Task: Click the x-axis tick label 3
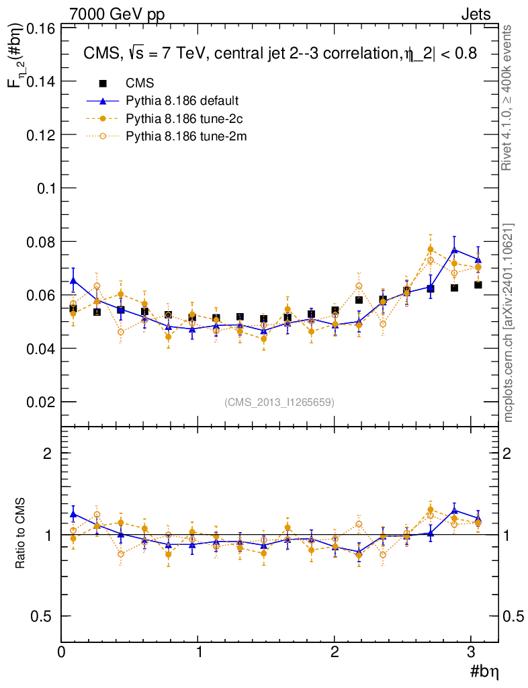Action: pos(472,652)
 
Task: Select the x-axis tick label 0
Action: pos(62,652)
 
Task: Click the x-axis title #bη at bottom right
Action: pos(483,671)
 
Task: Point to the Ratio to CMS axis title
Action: pos(21,534)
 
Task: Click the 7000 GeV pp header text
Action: pos(118,13)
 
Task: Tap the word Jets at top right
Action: pos(475,13)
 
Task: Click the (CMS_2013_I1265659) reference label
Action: pos(279,402)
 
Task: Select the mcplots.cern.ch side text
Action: pos(509,322)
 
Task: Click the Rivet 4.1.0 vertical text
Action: pos(509,97)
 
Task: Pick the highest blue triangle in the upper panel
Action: pos(455,250)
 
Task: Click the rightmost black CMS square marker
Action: pos(478,285)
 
